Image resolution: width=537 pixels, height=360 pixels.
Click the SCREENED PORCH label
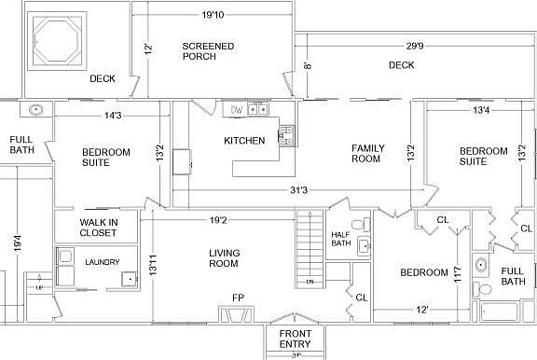(x=208, y=51)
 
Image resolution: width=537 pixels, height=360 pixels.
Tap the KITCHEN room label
(x=244, y=141)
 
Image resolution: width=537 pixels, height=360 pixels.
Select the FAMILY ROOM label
(x=366, y=153)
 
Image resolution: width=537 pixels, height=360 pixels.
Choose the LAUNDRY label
(x=103, y=262)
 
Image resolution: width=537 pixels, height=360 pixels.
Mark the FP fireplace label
(x=238, y=298)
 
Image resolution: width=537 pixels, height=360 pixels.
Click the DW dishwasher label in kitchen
(x=238, y=110)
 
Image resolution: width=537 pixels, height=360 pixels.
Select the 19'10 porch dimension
(x=213, y=15)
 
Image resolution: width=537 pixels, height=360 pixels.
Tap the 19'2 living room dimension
(x=219, y=221)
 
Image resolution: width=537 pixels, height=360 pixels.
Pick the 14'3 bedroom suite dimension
(x=113, y=116)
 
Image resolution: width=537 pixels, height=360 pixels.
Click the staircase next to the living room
(x=309, y=247)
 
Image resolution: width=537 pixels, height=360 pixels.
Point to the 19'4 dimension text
(x=16, y=244)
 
